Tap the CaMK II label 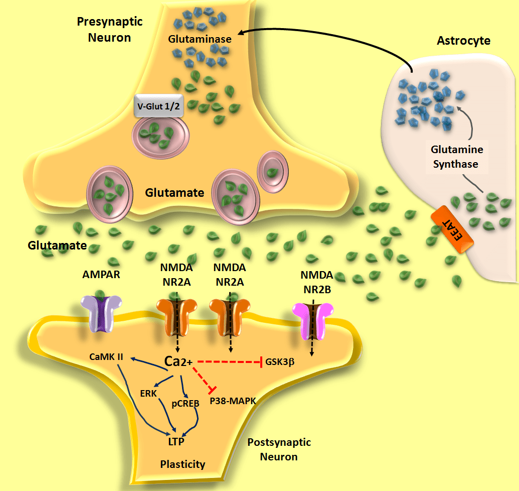(x=107, y=357)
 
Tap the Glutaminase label (x=200, y=39)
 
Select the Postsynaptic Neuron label (x=279, y=449)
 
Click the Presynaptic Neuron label (x=109, y=30)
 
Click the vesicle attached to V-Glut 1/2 (x=160, y=136)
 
